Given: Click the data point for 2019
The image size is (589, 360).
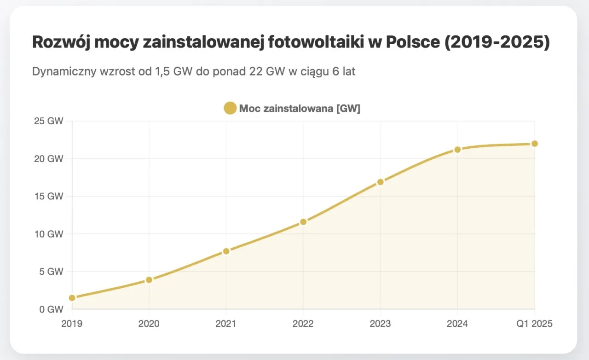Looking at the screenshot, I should (x=72, y=298).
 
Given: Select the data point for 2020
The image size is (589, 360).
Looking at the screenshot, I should (x=149, y=280).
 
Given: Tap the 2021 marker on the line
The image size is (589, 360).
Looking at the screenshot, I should (x=226, y=251).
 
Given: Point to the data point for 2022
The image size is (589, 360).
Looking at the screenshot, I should (x=303, y=222).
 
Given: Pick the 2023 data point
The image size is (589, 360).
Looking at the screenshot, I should (x=380, y=182).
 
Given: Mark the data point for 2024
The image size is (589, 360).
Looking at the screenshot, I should (x=457, y=150).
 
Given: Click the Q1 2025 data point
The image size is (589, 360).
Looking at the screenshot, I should (x=534, y=144).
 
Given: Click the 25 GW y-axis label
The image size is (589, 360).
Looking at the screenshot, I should (x=49, y=121).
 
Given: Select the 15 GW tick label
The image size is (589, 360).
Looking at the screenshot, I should (x=49, y=196).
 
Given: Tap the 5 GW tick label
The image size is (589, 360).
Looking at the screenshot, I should (x=51, y=272).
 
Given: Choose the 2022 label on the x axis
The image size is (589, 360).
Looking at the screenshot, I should (x=303, y=324).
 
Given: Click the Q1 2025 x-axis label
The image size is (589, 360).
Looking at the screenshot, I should (x=534, y=324).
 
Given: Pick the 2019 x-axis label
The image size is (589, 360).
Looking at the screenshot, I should (x=72, y=324).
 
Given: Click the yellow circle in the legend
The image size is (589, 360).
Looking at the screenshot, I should (x=230, y=109).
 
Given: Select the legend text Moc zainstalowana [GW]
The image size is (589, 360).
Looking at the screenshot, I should (x=300, y=109).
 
